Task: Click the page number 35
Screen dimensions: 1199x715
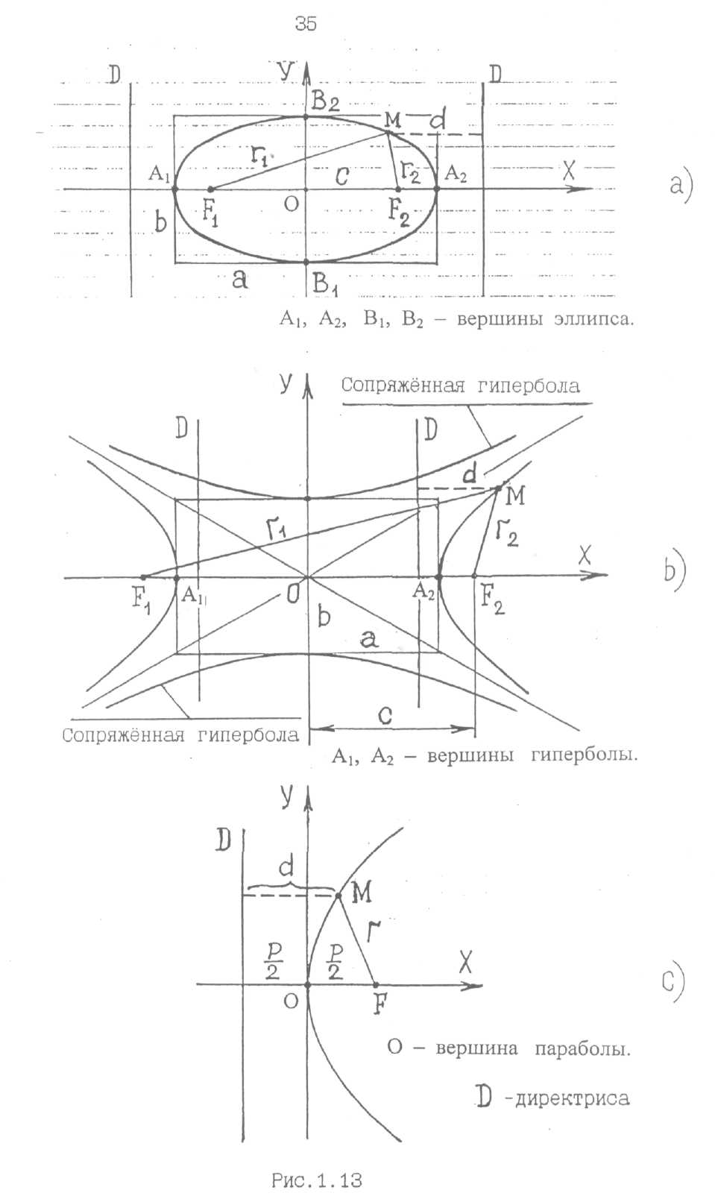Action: click(306, 24)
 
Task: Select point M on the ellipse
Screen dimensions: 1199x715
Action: click(388, 132)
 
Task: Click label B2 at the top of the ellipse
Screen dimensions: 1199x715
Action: click(327, 99)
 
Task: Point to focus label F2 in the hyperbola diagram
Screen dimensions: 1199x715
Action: click(492, 599)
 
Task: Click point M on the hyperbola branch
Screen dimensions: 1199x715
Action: click(499, 488)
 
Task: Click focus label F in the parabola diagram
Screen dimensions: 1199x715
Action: click(379, 1005)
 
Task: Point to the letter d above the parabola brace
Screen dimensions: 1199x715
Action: click(286, 866)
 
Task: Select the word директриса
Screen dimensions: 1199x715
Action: click(572, 1098)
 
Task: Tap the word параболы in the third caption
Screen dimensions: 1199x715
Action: click(582, 1048)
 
